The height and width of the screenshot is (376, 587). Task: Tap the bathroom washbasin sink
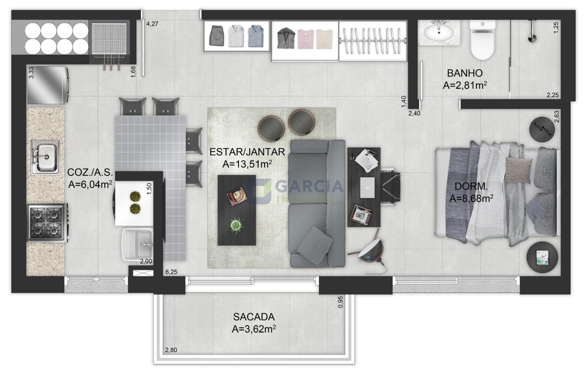click(439, 33)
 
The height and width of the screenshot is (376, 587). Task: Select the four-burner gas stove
click(47, 223)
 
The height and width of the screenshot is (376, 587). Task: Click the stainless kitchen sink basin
click(45, 157)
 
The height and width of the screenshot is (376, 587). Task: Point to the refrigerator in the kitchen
click(48, 85)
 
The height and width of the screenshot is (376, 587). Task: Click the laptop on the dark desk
click(367, 188)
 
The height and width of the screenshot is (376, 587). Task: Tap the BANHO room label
click(464, 73)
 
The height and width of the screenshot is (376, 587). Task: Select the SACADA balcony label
click(254, 317)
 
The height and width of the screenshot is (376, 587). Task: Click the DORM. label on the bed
click(471, 186)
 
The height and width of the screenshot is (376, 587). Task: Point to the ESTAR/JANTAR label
click(247, 152)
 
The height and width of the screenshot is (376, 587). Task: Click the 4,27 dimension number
click(152, 24)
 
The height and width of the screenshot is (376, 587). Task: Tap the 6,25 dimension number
click(171, 272)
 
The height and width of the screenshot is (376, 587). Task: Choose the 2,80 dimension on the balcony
click(171, 350)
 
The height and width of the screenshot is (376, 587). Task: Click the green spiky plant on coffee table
click(236, 225)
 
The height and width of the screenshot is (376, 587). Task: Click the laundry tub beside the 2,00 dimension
click(137, 245)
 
